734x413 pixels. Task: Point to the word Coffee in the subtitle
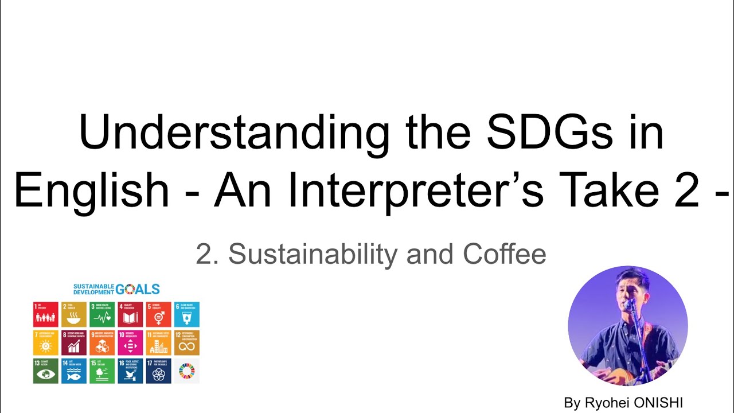(505, 254)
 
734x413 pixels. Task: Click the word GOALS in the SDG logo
(138, 289)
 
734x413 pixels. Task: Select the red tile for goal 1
(46, 314)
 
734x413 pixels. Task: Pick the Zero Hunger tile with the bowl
(74, 314)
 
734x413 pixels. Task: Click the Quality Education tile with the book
(130, 314)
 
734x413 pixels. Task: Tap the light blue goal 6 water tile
(186, 314)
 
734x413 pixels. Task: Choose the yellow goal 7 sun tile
(46, 342)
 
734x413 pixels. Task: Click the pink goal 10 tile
(130, 342)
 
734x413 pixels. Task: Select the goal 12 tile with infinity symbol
(186, 342)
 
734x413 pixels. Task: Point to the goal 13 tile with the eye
(46, 371)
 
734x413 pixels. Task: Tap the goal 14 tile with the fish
(74, 371)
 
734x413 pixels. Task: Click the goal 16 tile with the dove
(130, 371)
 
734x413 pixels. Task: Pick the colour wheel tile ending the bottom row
(186, 371)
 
